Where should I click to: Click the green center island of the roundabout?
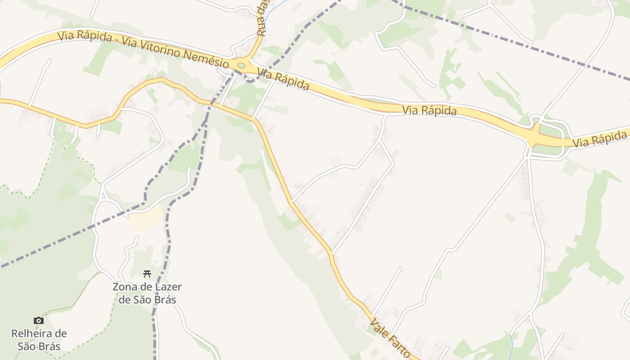242,66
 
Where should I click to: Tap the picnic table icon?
147,274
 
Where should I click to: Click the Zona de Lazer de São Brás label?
147,293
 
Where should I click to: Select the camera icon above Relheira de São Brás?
39,320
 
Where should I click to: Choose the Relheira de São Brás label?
39,340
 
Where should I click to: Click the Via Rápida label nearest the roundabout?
283,80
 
